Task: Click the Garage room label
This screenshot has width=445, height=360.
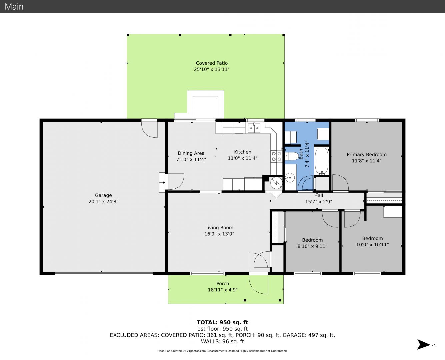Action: (x=103, y=195)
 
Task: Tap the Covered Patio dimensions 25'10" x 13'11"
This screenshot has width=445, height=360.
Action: (x=212, y=69)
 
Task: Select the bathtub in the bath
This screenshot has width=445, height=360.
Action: (x=322, y=161)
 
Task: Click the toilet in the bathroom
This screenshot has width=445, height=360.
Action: (x=292, y=156)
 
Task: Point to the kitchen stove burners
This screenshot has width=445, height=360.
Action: (x=276, y=156)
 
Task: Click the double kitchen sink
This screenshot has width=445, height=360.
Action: (x=254, y=128)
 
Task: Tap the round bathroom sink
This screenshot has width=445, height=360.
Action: (x=290, y=178)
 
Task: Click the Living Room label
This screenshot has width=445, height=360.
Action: (x=219, y=228)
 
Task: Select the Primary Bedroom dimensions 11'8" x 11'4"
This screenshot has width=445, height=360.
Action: (x=367, y=161)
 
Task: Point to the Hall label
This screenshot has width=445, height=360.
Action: (x=319, y=195)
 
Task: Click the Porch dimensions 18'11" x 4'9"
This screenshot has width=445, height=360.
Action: (x=223, y=290)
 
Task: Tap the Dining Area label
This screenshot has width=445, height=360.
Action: (x=191, y=153)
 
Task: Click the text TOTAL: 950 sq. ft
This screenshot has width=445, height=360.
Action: (x=222, y=322)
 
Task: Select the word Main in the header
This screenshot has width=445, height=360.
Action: (x=14, y=7)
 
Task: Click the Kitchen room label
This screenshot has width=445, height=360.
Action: (x=243, y=152)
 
